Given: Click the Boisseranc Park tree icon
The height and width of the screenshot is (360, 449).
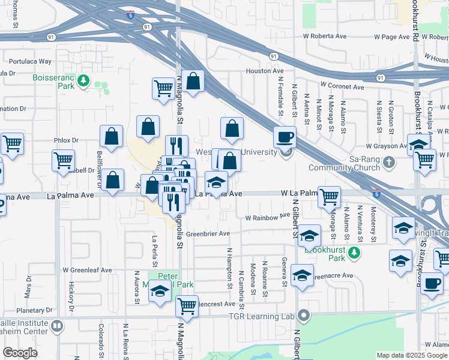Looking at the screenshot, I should (x=85, y=80).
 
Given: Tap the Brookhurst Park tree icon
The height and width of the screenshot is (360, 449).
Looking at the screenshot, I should (x=355, y=253).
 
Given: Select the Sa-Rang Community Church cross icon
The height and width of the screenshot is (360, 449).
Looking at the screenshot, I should (x=389, y=161).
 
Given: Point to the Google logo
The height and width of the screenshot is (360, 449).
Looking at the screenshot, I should (x=20, y=353).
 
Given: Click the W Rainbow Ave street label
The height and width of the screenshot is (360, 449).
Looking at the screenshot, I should (x=267, y=218).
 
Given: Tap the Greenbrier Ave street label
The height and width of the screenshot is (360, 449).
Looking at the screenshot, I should (x=208, y=233).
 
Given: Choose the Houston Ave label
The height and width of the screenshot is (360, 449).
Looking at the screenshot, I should (x=264, y=71).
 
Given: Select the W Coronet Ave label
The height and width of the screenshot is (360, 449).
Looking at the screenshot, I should (x=342, y=86).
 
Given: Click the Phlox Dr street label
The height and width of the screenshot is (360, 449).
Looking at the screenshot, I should (x=66, y=140).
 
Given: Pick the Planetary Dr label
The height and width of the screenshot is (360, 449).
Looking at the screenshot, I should (x=35, y=311).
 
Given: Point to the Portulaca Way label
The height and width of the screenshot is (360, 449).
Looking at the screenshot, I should (x=28, y=61).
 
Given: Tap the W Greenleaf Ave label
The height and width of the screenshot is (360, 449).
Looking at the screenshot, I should (x=87, y=270).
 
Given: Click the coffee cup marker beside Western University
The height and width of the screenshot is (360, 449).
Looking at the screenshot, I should (x=285, y=137).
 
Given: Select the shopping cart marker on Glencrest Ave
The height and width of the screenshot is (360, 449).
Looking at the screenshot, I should (x=187, y=305).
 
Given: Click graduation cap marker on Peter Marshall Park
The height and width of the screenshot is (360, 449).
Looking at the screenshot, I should (x=160, y=292).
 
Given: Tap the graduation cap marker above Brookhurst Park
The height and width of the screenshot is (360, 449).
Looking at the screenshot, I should (x=309, y=236).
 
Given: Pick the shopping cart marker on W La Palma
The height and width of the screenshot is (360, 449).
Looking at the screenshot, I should (x=329, y=196).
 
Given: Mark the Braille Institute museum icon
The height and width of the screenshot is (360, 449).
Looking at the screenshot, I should (x=57, y=326).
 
